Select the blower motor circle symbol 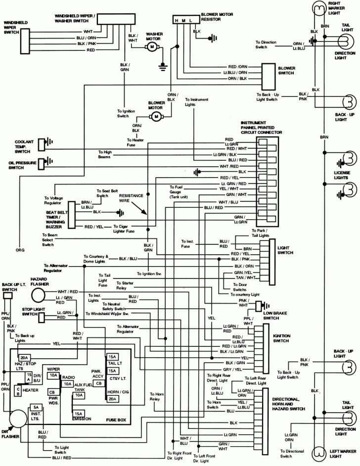point(157,116)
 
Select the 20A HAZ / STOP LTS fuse point(24,357)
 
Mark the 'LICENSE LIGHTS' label point(342,175)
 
